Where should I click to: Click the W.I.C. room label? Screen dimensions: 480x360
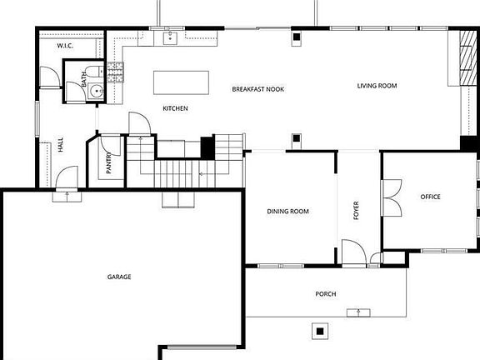click(65, 46)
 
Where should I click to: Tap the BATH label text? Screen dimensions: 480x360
click(84, 79)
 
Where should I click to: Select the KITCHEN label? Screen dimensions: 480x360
click(175, 108)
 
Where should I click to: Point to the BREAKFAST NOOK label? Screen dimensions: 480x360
click(258, 89)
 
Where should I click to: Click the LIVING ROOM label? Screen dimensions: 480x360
click(377, 86)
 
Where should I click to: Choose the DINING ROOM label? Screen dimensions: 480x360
click(287, 211)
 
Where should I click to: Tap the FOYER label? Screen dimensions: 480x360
click(356, 211)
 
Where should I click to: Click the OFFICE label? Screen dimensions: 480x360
click(430, 197)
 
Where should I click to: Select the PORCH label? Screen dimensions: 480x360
click(326, 294)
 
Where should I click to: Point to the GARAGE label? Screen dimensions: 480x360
click(119, 277)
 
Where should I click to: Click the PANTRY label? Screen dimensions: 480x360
click(108, 163)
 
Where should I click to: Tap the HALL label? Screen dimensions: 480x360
click(61, 144)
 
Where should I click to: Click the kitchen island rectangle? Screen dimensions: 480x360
click(181, 82)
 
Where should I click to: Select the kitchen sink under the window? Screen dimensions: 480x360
click(170, 38)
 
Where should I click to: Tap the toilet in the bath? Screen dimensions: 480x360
click(95, 72)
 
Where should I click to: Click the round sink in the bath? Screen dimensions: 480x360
click(97, 91)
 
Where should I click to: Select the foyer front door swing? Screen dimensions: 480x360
click(354, 252)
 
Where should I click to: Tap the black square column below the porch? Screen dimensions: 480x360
click(320, 331)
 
